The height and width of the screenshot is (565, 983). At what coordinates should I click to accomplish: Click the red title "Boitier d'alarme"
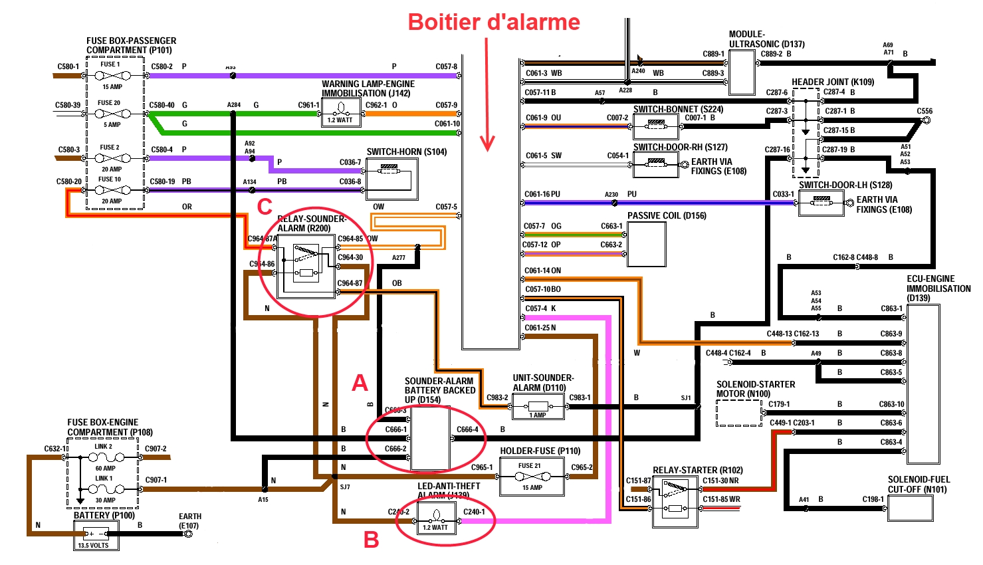tap(494, 22)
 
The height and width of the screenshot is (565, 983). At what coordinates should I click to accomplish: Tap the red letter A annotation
tap(360, 383)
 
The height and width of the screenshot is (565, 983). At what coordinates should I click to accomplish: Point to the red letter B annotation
tap(371, 540)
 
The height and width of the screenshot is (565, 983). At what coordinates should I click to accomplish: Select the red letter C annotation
tap(265, 207)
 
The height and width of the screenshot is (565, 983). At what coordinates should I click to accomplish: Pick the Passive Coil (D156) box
tap(646, 244)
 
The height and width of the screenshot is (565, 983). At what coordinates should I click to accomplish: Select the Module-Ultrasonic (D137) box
tap(742, 72)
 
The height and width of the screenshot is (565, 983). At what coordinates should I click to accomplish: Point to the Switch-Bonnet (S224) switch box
tap(655, 126)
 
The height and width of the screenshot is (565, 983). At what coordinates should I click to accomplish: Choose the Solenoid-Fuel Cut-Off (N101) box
tap(910, 508)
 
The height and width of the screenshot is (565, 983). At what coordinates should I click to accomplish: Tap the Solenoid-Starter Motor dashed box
tap(738, 412)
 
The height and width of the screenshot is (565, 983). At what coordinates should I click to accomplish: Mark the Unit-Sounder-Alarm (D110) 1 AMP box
tap(538, 406)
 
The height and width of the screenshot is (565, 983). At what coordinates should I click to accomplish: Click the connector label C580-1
tap(68, 66)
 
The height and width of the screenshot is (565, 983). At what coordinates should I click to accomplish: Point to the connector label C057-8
tap(446, 66)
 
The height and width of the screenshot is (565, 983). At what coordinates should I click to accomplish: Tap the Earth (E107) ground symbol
tap(188, 533)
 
